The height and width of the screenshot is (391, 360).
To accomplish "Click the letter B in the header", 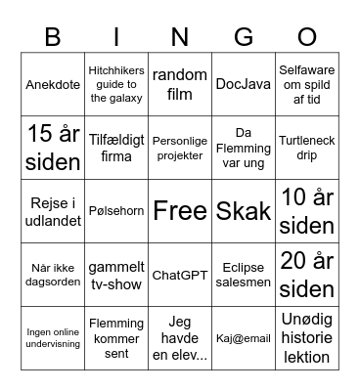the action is [x=54, y=38].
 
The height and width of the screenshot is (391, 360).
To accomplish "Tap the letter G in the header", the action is [x=245, y=38].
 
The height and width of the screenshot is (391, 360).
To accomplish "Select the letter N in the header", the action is [x=180, y=38].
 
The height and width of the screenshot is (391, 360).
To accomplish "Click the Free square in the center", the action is [x=180, y=211].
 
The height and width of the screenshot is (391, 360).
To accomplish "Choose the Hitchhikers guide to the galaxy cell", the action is [x=116, y=84].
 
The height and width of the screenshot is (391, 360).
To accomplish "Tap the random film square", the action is [x=180, y=84].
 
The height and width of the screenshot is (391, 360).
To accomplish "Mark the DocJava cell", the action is [x=244, y=84].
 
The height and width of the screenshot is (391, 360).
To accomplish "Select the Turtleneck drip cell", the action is [x=306, y=148].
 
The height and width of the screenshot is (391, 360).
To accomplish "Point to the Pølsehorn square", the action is [x=116, y=211].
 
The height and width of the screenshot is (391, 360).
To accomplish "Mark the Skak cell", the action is [x=244, y=211].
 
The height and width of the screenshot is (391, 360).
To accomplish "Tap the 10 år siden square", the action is [x=306, y=211].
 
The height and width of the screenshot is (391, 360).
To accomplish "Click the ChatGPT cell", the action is [x=180, y=275].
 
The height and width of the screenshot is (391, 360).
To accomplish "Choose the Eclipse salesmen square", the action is [x=244, y=275].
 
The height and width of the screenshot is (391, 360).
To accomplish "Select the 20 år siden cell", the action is [x=306, y=275].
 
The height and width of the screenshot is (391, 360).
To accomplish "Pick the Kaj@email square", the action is [x=244, y=338].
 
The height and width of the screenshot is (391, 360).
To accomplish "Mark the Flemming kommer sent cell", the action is [x=116, y=338].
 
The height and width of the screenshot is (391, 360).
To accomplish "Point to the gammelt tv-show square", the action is [x=116, y=275].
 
